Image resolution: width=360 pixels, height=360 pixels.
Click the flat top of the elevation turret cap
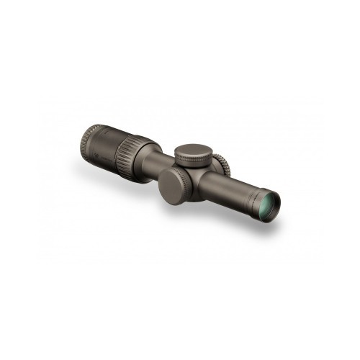click(x=192, y=152)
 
